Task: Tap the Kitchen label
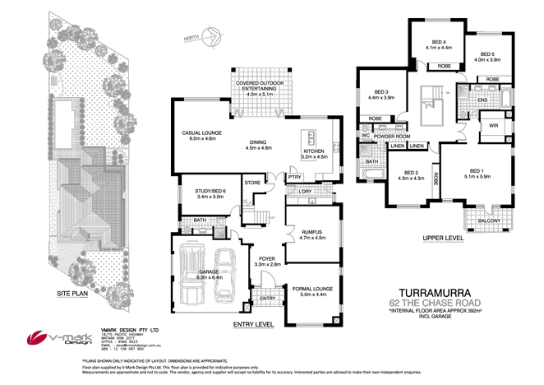315,152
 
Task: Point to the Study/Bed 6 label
194,193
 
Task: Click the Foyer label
266,261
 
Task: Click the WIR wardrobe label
495,126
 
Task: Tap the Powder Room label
391,136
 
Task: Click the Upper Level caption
445,239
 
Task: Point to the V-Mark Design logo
53,338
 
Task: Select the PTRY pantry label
293,177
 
